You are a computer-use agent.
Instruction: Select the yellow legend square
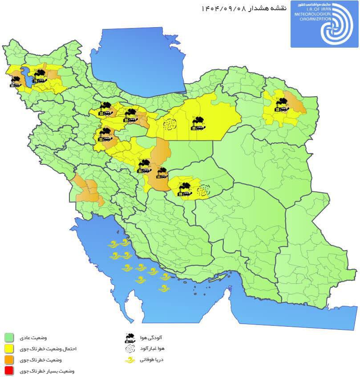[10, 349]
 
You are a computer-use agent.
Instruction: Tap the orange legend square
[10, 360]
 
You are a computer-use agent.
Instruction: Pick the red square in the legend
[10, 371]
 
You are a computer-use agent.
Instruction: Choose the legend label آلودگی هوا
[154, 338]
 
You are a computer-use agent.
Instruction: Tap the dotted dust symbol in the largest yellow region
[169, 124]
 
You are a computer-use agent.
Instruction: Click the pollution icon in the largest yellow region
[198, 123]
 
